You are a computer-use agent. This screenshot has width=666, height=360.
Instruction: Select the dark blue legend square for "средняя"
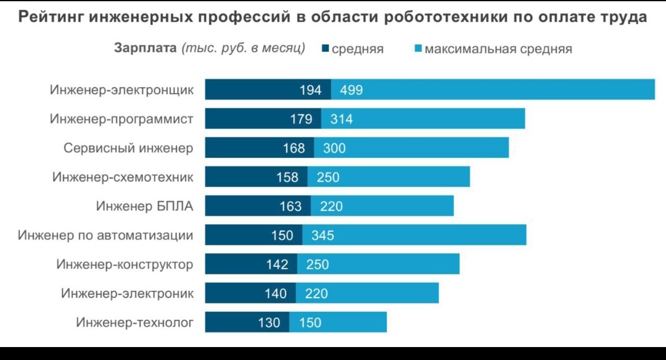[x=326, y=48]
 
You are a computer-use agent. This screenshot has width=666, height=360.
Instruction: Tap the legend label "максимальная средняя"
[x=498, y=49]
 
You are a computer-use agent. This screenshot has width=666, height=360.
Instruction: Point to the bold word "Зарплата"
[x=146, y=48]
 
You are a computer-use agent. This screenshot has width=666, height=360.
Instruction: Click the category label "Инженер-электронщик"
[x=121, y=90]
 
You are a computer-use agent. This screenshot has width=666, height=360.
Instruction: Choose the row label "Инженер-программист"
[x=121, y=119]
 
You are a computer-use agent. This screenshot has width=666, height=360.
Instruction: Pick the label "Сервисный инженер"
[x=128, y=148]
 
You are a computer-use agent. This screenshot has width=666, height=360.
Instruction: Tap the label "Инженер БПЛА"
[x=144, y=206]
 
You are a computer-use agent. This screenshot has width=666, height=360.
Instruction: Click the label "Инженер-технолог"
[x=134, y=322]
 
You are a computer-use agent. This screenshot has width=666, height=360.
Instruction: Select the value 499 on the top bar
[x=351, y=90]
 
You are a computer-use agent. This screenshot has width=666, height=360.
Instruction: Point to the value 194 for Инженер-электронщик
[x=311, y=90]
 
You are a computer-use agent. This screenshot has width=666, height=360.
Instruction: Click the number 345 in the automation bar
[x=323, y=235]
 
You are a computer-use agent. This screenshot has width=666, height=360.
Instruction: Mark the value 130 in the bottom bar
[x=269, y=322]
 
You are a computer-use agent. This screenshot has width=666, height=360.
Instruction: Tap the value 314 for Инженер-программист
[x=342, y=119]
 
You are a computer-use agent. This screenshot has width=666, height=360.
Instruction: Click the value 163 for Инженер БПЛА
[x=291, y=206]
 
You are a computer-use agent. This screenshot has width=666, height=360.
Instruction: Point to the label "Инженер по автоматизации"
[x=105, y=235]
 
